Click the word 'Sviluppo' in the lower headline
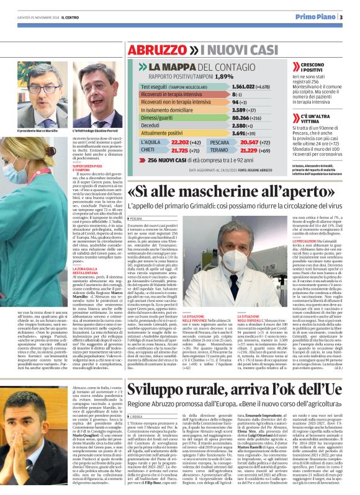click(x=153, y=371)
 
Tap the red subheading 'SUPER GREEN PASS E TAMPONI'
click(x=87, y=169)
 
